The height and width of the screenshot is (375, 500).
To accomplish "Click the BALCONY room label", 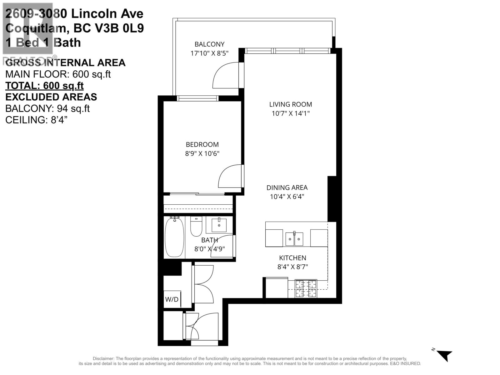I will [x=209, y=44].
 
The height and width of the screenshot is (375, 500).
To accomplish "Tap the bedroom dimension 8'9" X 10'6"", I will [x=202, y=153].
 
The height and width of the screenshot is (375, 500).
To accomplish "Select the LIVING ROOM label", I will [x=291, y=104].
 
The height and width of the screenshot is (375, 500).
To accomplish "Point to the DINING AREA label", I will [x=287, y=187].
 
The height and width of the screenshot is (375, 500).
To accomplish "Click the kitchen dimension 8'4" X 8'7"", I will [x=293, y=267].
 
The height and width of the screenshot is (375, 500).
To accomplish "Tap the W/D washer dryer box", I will [x=172, y=299].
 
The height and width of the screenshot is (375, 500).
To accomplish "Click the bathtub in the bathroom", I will [x=174, y=237].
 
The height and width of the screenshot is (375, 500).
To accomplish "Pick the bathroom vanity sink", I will [x=219, y=225].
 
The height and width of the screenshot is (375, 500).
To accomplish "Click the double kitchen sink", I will [x=294, y=239].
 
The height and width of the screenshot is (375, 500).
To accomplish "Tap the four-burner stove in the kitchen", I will [x=306, y=288].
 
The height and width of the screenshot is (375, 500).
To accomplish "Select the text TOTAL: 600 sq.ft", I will [x=44, y=86].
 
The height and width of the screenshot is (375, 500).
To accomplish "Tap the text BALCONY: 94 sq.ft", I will [x=47, y=108].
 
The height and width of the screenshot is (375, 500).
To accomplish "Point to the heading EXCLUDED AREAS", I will [x=51, y=97].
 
